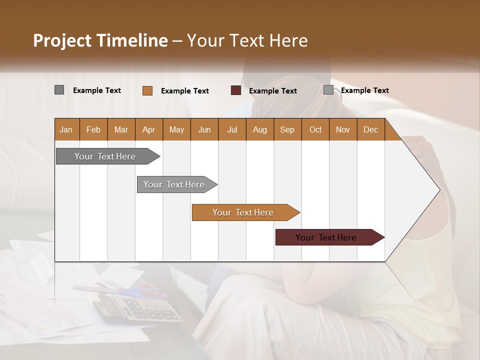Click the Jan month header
[x=66, y=129]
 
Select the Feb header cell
[x=93, y=129]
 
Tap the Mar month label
[x=121, y=129]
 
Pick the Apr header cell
[x=149, y=129]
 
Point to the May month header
[x=176, y=129]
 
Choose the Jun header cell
[x=204, y=129]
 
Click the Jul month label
[x=232, y=129]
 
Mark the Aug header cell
[x=260, y=129]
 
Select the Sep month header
[x=287, y=129]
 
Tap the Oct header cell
[x=315, y=129]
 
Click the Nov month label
[x=343, y=129]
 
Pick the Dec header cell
[x=371, y=129]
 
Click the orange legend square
[x=147, y=90]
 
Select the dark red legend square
[x=236, y=90]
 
